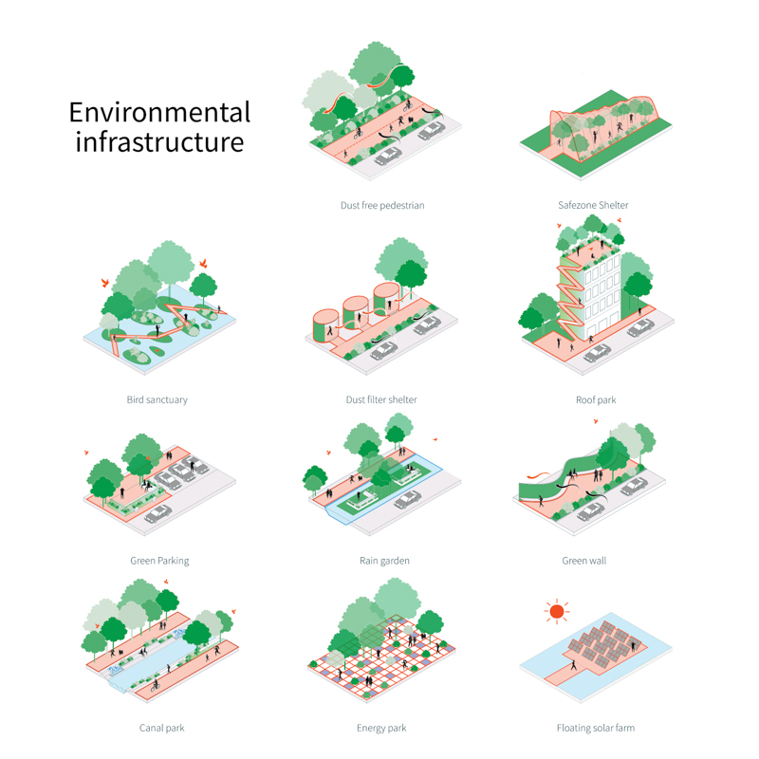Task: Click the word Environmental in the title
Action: click(x=159, y=112)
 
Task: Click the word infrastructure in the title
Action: click(x=159, y=141)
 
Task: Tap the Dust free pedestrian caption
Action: click(x=382, y=205)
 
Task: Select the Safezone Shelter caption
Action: click(x=593, y=205)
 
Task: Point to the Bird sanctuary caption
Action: click(x=157, y=399)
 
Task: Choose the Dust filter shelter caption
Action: click(x=381, y=399)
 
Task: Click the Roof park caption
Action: click(x=596, y=400)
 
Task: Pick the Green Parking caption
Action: click(x=159, y=561)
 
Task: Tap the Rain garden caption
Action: click(x=384, y=561)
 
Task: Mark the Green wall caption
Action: click(x=584, y=561)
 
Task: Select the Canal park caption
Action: click(x=161, y=728)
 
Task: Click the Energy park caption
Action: click(x=381, y=728)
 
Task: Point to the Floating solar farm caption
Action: click(x=596, y=728)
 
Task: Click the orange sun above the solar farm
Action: click(x=557, y=611)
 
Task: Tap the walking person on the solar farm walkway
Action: click(x=574, y=665)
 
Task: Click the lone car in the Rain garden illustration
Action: click(x=408, y=500)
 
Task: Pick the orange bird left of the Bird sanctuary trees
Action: click(x=105, y=282)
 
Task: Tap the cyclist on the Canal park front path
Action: click(x=155, y=685)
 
